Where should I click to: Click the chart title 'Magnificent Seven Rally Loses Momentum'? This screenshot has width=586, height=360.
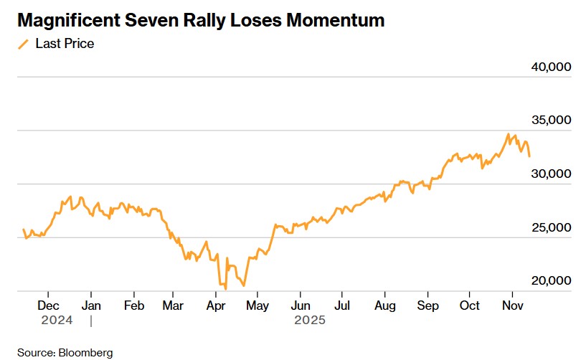point(201,20)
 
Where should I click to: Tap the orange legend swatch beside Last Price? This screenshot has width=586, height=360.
point(23,44)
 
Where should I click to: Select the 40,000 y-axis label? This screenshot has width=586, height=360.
point(551,67)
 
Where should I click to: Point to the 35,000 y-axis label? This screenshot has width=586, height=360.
point(551,120)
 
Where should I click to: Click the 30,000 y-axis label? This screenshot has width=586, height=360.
point(551,174)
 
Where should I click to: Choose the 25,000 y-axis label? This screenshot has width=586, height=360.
point(551,227)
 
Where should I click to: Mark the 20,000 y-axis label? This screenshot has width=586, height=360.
point(551,281)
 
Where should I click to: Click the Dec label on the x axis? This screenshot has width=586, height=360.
point(48,305)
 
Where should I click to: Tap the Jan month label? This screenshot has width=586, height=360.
point(91,305)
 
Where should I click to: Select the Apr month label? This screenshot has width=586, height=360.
point(217,305)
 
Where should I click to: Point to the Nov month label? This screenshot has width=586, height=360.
point(511,305)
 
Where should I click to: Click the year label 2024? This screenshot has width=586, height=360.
point(57,321)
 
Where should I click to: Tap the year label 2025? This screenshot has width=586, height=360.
point(310,321)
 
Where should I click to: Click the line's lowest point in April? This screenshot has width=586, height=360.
point(225,288)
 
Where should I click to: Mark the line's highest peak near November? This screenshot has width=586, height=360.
point(508,134)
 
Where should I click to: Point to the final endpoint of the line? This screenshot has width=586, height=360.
point(529,156)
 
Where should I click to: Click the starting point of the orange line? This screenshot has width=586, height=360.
point(23,229)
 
